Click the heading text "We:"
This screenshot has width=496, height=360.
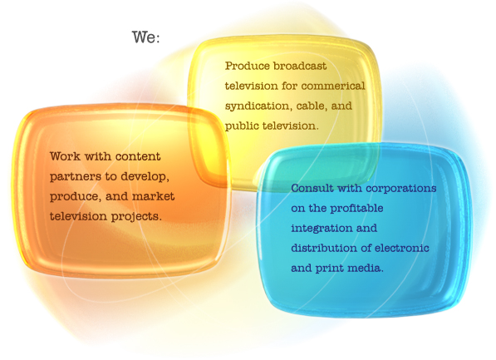point(146,37)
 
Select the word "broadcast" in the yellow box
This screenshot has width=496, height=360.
point(300,66)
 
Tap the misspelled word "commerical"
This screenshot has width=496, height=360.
point(333,86)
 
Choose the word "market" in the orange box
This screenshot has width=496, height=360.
point(153,196)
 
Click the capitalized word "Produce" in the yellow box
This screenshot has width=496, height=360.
point(247,66)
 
